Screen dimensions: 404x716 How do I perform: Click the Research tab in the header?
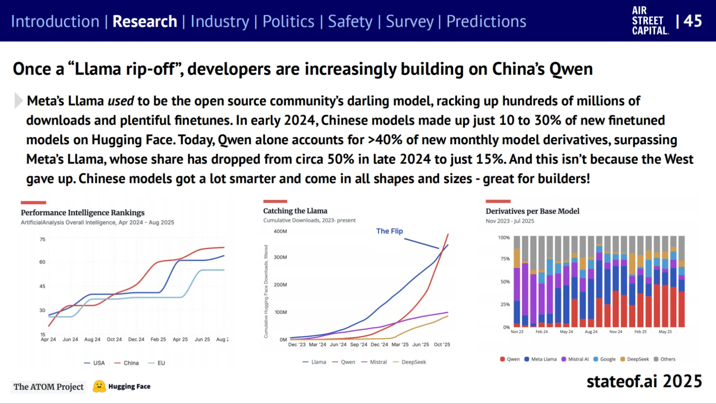click(144, 21)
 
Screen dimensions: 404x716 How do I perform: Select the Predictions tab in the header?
click(486, 21)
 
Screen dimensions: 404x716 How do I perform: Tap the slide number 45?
click(692, 21)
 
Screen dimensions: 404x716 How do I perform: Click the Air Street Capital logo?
click(650, 21)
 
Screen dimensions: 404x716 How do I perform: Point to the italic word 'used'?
click(121, 101)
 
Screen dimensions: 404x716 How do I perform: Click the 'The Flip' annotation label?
click(389, 231)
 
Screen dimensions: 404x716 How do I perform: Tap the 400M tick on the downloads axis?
click(280, 232)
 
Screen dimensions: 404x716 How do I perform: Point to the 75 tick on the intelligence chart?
click(42, 239)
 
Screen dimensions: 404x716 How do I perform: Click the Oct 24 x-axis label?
click(114, 339)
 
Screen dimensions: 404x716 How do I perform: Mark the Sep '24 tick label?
click(359, 345)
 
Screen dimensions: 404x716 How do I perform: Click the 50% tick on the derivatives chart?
click(505, 282)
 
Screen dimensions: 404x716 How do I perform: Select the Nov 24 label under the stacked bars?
click(615, 332)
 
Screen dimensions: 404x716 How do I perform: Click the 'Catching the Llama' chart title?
click(295, 211)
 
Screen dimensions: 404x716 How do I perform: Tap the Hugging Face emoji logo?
click(99, 386)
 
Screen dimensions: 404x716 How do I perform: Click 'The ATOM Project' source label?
click(49, 387)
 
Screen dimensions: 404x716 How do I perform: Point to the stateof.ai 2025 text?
click(644, 382)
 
